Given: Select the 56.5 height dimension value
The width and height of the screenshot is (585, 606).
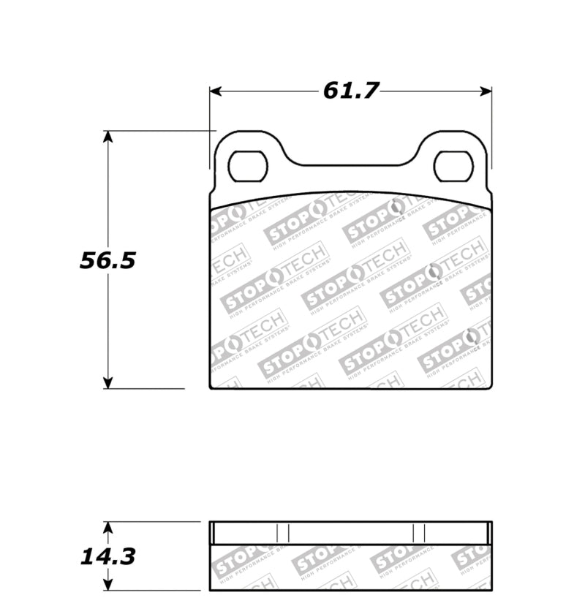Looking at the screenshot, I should pyautogui.click(x=107, y=261).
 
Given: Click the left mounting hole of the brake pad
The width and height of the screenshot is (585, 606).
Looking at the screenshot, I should pyautogui.click(x=248, y=166).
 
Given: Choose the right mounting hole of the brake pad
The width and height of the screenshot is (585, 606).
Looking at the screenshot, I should pyautogui.click(x=453, y=166).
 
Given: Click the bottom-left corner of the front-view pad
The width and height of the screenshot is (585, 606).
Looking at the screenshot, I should pyautogui.click(x=211, y=387).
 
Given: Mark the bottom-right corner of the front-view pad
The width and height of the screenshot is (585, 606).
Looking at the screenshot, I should pyautogui.click(x=491, y=387).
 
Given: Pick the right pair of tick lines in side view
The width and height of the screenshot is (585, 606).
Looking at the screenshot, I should pyautogui.click(x=419, y=533).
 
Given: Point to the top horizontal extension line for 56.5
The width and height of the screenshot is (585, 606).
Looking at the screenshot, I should pyautogui.click(x=161, y=131).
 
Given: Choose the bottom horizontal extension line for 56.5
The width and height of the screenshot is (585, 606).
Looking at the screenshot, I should pyautogui.click(x=146, y=389).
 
